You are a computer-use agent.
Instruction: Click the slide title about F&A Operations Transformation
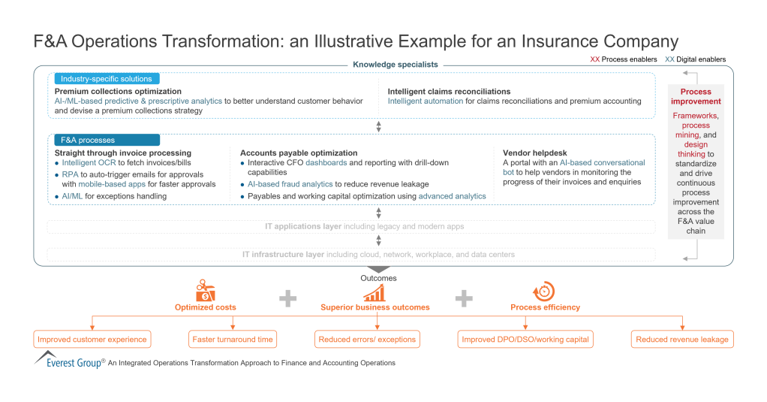tap(356, 41)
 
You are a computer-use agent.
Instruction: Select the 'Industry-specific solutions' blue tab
tap(106, 79)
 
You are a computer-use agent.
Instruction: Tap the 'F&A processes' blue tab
tap(106, 140)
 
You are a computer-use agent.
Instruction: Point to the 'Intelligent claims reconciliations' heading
tap(449, 92)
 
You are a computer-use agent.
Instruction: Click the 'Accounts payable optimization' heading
tap(299, 153)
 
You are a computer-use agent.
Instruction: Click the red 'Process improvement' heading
tap(696, 96)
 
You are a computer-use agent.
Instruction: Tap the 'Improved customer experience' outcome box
tap(92, 340)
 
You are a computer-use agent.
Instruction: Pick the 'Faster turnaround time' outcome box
tap(233, 340)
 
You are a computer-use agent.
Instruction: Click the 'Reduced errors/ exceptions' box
tap(367, 340)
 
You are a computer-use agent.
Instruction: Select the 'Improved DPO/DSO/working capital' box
tap(525, 340)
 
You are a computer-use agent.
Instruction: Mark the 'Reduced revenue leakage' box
tap(681, 340)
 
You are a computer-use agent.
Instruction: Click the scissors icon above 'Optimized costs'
tap(205, 290)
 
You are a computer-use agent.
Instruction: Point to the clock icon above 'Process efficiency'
tap(543, 291)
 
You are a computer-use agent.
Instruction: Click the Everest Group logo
tap(69, 360)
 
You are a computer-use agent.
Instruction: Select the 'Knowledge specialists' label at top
tap(395, 65)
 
